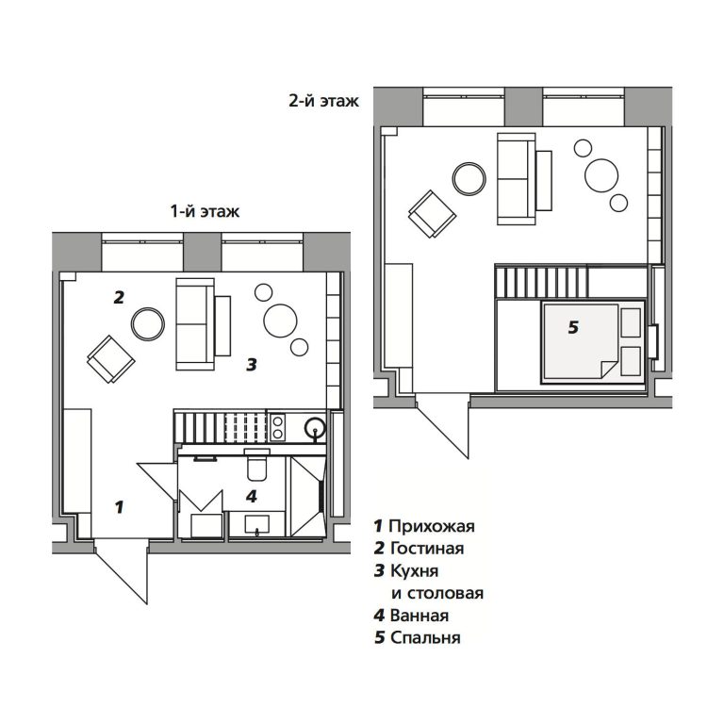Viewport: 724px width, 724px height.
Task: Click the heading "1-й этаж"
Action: [205, 211]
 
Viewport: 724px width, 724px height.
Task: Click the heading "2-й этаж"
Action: [323, 100]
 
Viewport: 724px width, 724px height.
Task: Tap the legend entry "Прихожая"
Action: [432, 526]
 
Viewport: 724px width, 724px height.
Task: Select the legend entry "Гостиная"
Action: [427, 548]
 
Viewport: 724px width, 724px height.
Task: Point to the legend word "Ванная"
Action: [420, 616]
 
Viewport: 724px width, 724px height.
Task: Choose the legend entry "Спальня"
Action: [425, 637]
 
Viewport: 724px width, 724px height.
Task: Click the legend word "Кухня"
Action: [414, 570]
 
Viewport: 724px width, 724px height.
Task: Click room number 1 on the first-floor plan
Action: [120, 507]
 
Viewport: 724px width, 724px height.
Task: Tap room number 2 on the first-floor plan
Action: [119, 297]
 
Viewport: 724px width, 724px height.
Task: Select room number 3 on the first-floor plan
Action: [251, 365]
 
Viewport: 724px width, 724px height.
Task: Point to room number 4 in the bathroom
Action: [251, 497]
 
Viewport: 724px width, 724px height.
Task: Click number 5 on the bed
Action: [573, 327]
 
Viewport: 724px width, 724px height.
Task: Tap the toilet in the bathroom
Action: [256, 464]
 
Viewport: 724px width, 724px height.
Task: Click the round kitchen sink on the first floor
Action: [316, 428]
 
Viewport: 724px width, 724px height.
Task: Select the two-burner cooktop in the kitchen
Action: [278, 427]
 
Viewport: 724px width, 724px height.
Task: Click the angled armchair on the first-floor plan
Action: [111, 359]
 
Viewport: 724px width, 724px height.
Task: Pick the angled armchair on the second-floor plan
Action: [432, 214]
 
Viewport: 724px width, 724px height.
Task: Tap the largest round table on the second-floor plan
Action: [601, 175]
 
